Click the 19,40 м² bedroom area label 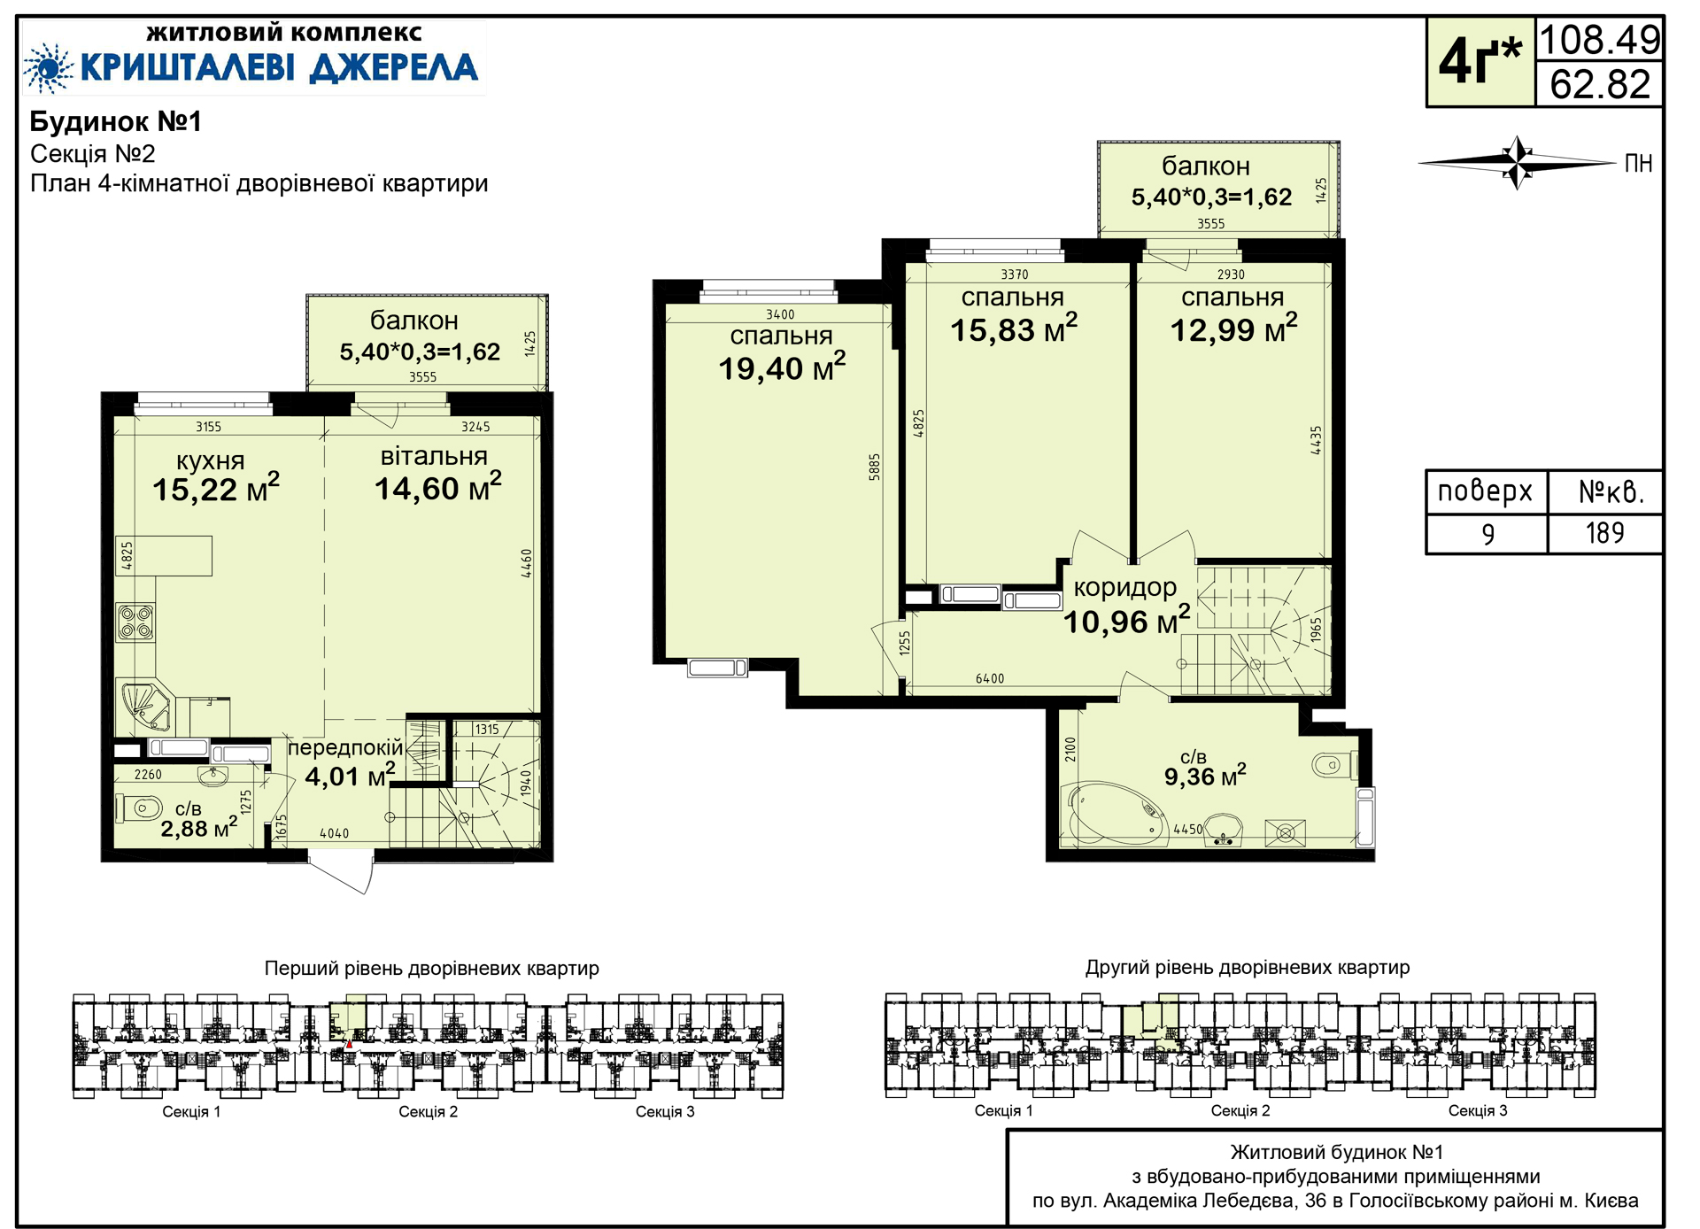pyautogui.click(x=782, y=367)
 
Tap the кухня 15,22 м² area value pyautogui.click(x=216, y=488)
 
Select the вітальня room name pyautogui.click(x=434, y=456)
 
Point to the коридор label pyautogui.click(x=1125, y=588)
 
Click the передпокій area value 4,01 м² pyautogui.click(x=350, y=776)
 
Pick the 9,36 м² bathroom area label pyautogui.click(x=1205, y=776)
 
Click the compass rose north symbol pyautogui.click(x=1518, y=163)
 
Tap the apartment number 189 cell pyautogui.click(x=1604, y=533)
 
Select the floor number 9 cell pyautogui.click(x=1487, y=534)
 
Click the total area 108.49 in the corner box pyautogui.click(x=1600, y=40)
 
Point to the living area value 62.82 pyautogui.click(x=1600, y=84)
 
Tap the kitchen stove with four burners pyautogui.click(x=135, y=622)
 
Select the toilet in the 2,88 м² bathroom pyautogui.click(x=140, y=808)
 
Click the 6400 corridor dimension pyautogui.click(x=990, y=678)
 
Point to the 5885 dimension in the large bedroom pyautogui.click(x=875, y=467)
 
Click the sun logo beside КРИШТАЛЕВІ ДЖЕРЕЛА pyautogui.click(x=48, y=67)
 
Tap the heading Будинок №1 pyautogui.click(x=116, y=121)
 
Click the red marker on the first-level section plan pyautogui.click(x=349, y=1045)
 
